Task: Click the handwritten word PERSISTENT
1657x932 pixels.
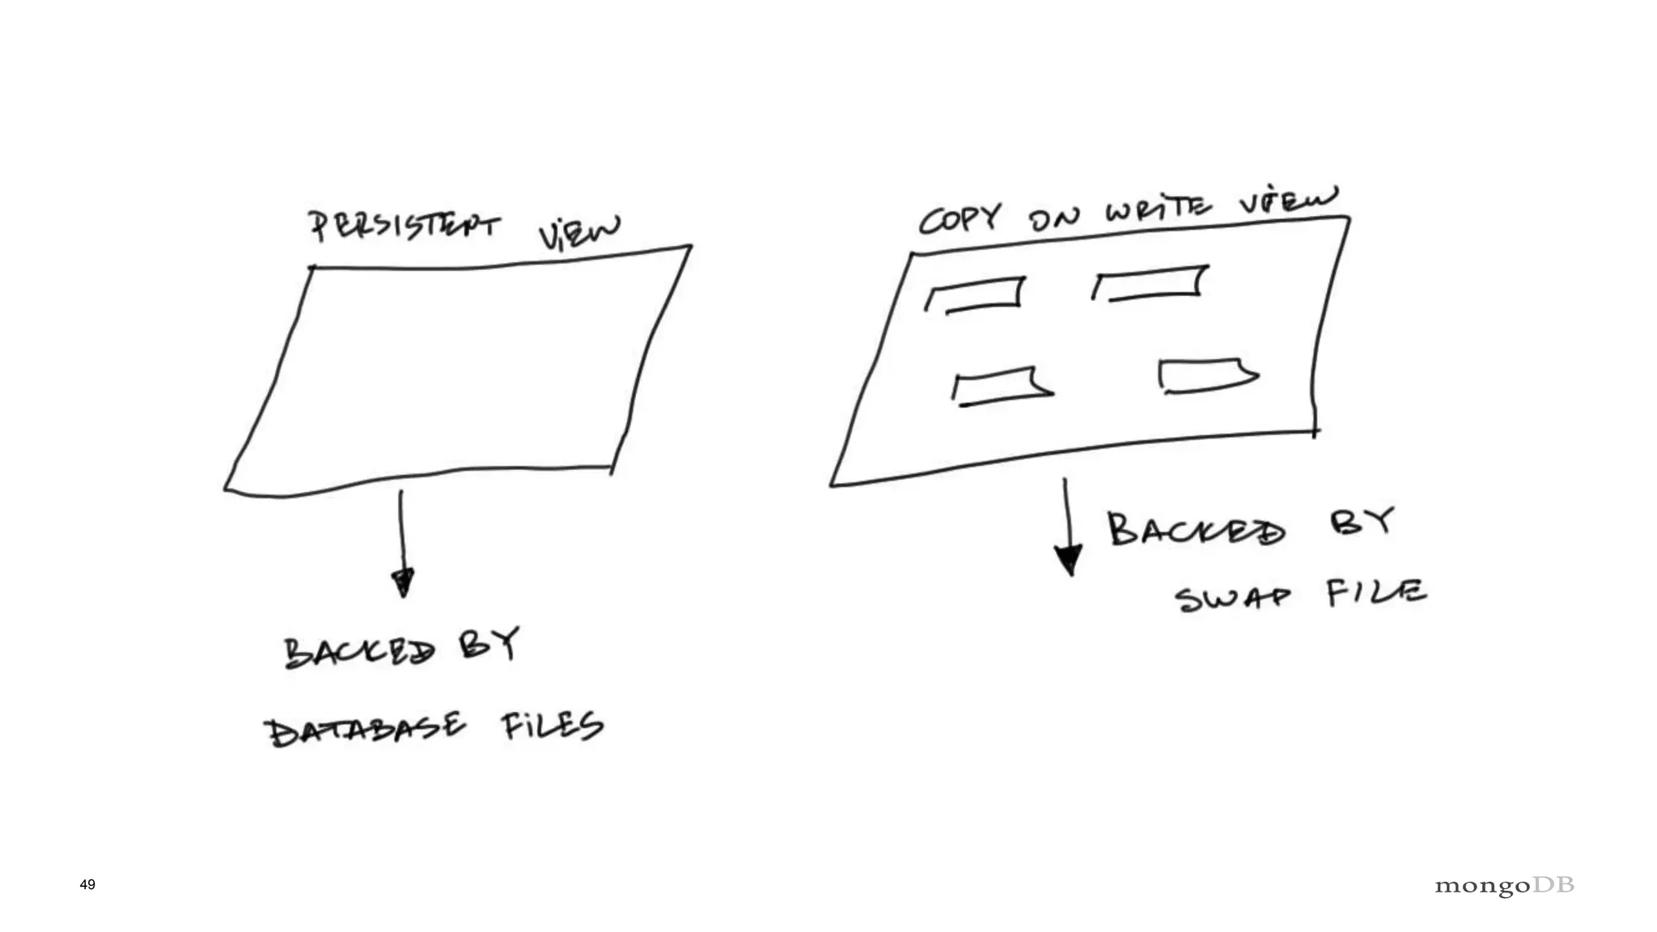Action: pyautogui.click(x=405, y=224)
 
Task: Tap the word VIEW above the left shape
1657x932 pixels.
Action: pyautogui.click(x=579, y=232)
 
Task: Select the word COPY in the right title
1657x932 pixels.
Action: pyautogui.click(x=960, y=218)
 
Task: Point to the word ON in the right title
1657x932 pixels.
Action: pyautogui.click(x=1054, y=217)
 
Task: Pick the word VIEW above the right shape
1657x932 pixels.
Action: pyautogui.click(x=1288, y=201)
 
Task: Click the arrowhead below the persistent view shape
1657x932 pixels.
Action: pyautogui.click(x=402, y=582)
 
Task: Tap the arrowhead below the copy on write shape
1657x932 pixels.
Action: pyautogui.click(x=1069, y=559)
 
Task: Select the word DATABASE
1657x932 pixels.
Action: pyautogui.click(x=365, y=730)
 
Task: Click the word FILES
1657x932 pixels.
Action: pyautogui.click(x=552, y=726)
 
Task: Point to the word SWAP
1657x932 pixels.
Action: pyautogui.click(x=1232, y=599)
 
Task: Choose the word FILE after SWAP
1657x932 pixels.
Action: pyautogui.click(x=1375, y=592)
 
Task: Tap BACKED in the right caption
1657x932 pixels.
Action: pyautogui.click(x=1196, y=530)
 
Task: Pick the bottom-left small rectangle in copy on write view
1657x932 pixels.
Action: pyautogui.click(x=1002, y=387)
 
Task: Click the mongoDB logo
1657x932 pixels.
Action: pyautogui.click(x=1504, y=885)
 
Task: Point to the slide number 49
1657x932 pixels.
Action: pyautogui.click(x=87, y=884)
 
